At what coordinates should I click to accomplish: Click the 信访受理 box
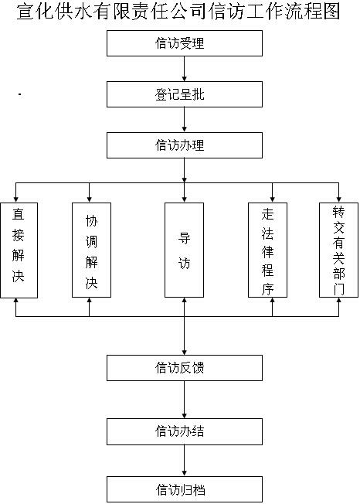click(x=185, y=43)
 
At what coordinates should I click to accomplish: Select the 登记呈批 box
click(x=185, y=94)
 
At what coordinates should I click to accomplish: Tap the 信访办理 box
click(x=185, y=145)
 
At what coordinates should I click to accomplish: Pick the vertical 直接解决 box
click(x=19, y=250)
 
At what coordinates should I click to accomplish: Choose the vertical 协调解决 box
click(x=91, y=250)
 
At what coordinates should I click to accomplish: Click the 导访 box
click(x=184, y=250)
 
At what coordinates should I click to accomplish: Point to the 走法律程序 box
click(x=267, y=250)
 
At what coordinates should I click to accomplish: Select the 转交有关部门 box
click(x=338, y=250)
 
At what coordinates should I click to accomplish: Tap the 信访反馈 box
click(x=185, y=368)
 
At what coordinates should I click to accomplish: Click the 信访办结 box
click(x=185, y=431)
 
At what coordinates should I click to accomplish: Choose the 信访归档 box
click(x=185, y=489)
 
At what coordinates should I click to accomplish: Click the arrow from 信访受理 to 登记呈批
click(x=185, y=69)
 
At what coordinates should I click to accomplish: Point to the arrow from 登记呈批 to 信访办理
click(x=185, y=120)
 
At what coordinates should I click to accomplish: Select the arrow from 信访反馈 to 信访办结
click(x=185, y=400)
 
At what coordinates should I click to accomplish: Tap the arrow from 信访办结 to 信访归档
click(x=185, y=460)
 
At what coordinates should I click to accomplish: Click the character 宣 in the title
click(x=25, y=12)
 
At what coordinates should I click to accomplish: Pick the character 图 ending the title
click(x=331, y=12)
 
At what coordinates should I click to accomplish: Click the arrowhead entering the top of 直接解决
click(x=16, y=199)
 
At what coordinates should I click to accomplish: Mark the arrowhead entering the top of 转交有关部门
click(x=338, y=199)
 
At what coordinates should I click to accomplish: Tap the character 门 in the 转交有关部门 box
click(x=339, y=289)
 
